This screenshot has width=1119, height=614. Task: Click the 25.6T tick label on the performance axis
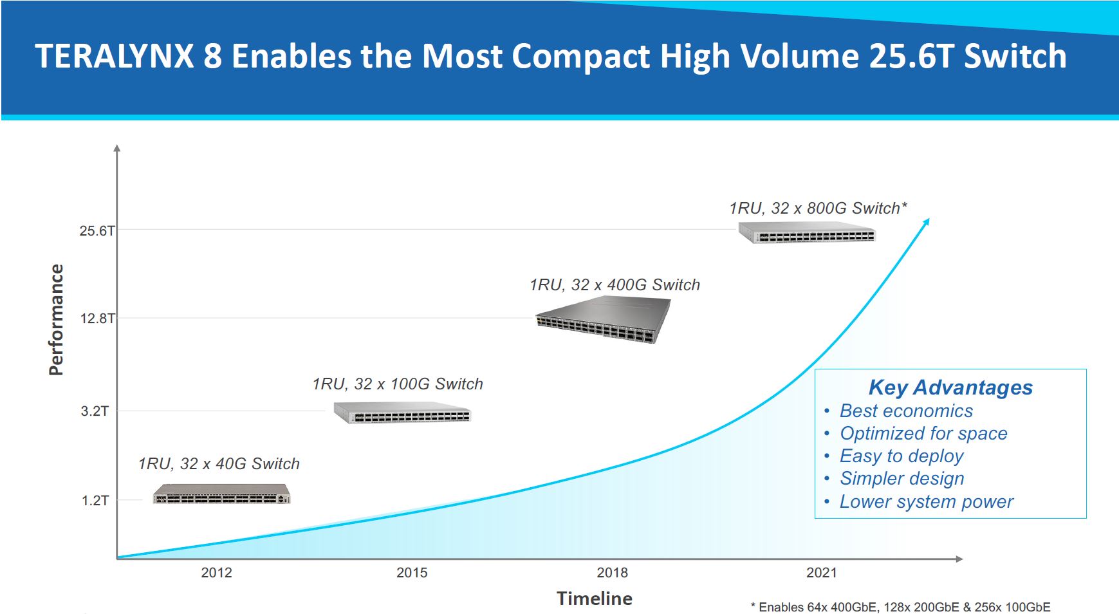(97, 230)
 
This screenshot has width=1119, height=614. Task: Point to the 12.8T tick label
(97, 318)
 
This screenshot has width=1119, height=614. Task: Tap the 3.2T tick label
(95, 411)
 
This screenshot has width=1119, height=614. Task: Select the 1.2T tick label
(95, 500)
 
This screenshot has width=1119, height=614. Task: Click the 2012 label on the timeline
(216, 573)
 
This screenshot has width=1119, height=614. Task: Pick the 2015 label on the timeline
(412, 573)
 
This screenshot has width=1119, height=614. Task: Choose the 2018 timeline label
(612, 573)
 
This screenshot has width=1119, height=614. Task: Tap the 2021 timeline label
(822, 573)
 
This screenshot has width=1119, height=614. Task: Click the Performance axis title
(57, 320)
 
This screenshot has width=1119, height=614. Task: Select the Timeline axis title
(594, 599)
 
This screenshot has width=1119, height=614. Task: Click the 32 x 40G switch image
(221, 494)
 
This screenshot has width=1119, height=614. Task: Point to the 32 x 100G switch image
(402, 413)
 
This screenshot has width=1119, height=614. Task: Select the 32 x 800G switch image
(807, 232)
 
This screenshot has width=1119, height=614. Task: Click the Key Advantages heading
(950, 387)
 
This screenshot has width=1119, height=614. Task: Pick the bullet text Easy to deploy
(902, 456)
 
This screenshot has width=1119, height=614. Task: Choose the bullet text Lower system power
(926, 501)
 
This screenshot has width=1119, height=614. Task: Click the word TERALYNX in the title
(115, 56)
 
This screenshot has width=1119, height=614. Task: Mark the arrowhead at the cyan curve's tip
(927, 222)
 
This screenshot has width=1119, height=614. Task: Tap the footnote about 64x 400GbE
(900, 607)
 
